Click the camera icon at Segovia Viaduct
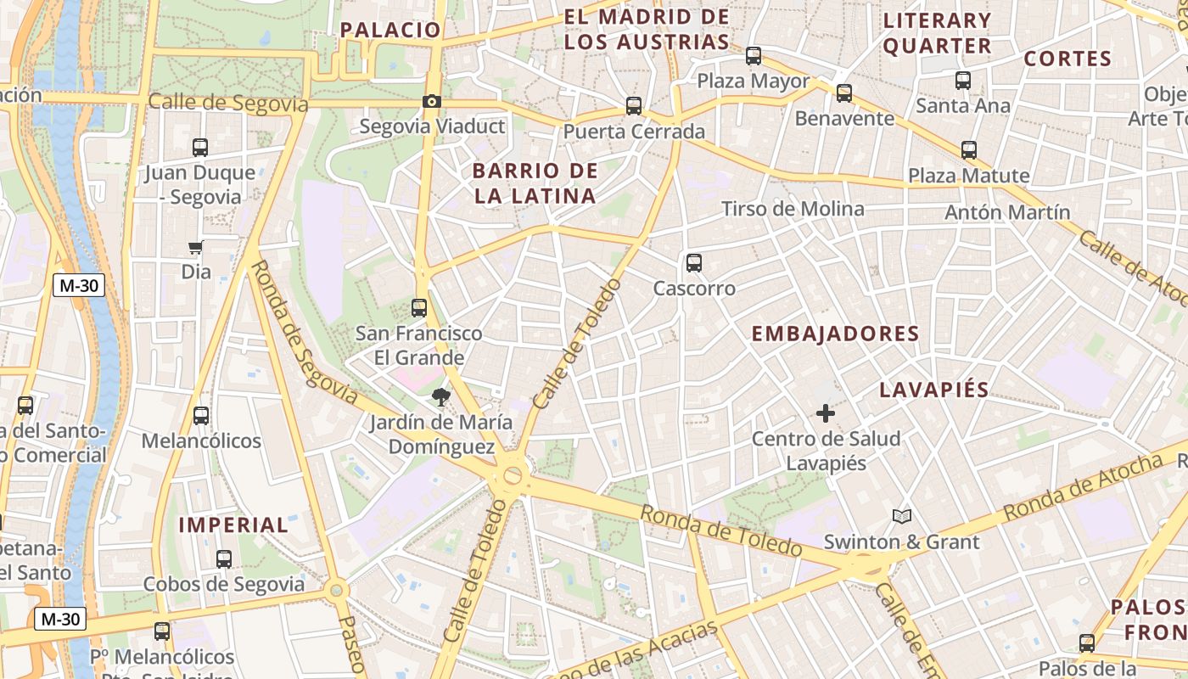click(431, 102)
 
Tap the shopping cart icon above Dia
click(196, 248)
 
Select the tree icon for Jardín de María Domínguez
click(440, 396)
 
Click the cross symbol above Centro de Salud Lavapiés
click(825, 413)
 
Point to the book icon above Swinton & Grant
click(901, 516)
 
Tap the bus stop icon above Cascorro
click(694, 263)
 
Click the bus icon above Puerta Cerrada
click(634, 106)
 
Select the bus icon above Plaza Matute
click(969, 150)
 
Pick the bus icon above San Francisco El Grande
click(419, 307)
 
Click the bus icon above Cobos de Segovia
click(224, 559)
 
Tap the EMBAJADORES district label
click(835, 334)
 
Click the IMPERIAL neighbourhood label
click(233, 525)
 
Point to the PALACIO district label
click(391, 30)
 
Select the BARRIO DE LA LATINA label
click(535, 183)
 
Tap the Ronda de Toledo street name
click(720, 531)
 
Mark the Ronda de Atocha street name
click(1082, 488)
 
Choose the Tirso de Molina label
click(793, 209)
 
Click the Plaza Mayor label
click(754, 81)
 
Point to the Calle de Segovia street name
click(227, 103)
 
